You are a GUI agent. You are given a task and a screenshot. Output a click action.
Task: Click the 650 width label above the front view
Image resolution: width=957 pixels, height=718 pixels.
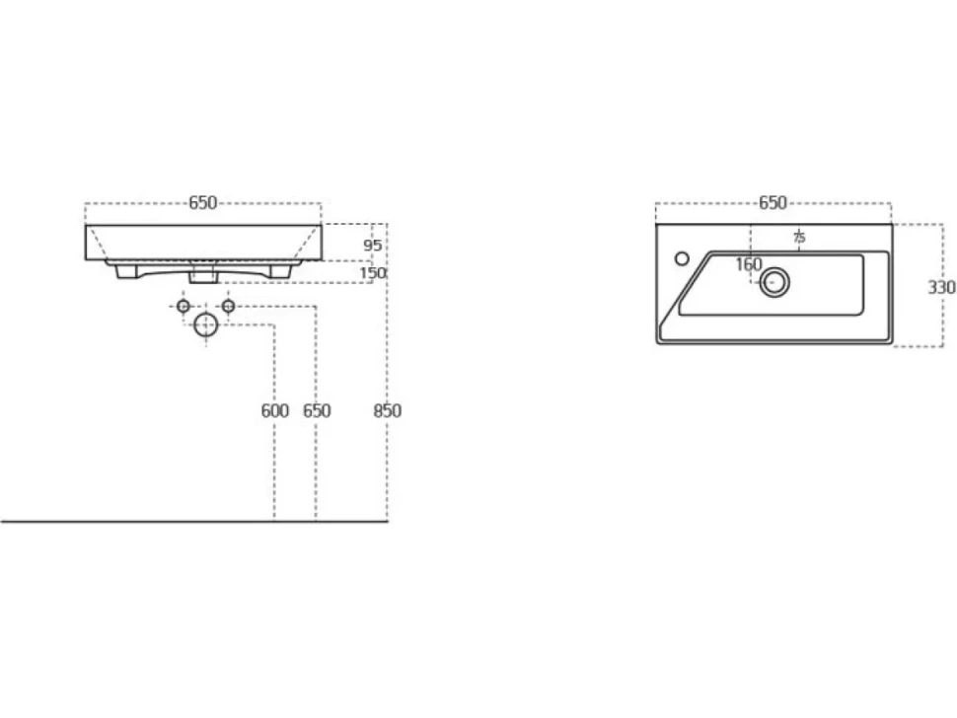click(x=202, y=202)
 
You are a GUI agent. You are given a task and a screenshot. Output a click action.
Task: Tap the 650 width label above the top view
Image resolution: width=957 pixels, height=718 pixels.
click(x=773, y=202)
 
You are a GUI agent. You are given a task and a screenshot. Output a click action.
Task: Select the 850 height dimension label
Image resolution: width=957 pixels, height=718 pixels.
click(x=388, y=410)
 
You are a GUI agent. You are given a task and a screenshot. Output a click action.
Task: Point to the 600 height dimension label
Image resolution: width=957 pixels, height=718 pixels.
click(x=274, y=410)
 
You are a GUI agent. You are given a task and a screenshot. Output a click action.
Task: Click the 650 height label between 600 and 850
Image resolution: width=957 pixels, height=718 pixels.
click(x=317, y=410)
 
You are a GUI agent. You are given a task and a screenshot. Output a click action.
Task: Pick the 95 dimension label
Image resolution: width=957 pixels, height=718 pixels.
click(x=372, y=246)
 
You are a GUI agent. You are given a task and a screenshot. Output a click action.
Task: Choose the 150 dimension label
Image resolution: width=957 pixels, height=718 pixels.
click(x=373, y=272)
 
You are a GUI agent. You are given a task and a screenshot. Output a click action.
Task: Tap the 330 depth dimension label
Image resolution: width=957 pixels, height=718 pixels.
click(x=942, y=287)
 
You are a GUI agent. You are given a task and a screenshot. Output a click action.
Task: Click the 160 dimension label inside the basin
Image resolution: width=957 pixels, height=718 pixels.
click(x=749, y=264)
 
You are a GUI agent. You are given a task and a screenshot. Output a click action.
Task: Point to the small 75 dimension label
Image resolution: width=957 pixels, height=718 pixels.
click(x=799, y=237)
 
